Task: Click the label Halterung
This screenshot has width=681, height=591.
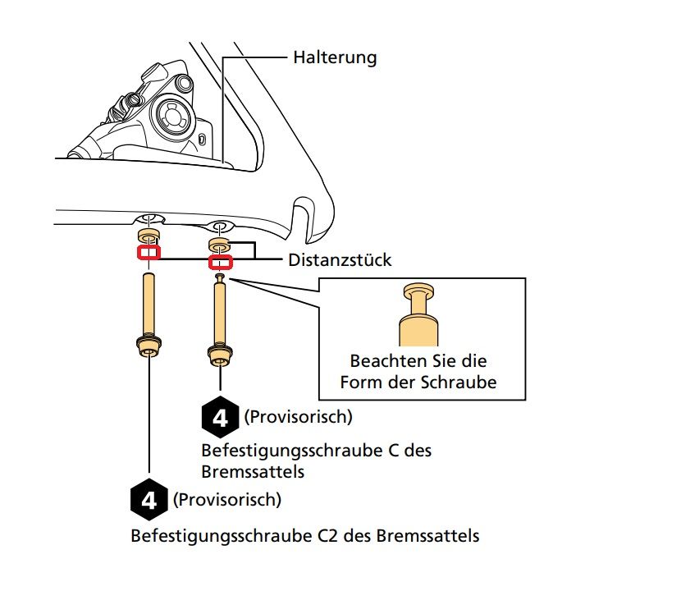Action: click(335, 57)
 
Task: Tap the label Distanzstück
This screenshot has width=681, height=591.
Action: click(340, 260)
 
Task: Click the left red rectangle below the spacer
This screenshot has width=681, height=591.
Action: click(149, 251)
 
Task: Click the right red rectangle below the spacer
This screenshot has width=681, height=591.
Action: click(220, 263)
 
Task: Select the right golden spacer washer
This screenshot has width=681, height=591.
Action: click(220, 245)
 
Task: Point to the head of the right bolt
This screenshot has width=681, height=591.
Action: click(220, 355)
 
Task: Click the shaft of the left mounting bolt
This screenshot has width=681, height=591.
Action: click(149, 304)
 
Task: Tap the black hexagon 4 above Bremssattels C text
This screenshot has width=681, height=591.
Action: click(219, 418)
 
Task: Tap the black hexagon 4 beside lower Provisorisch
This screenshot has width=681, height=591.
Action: click(149, 499)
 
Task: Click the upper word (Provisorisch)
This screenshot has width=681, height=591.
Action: click(298, 417)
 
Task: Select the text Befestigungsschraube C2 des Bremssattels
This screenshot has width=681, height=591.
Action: click(305, 537)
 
